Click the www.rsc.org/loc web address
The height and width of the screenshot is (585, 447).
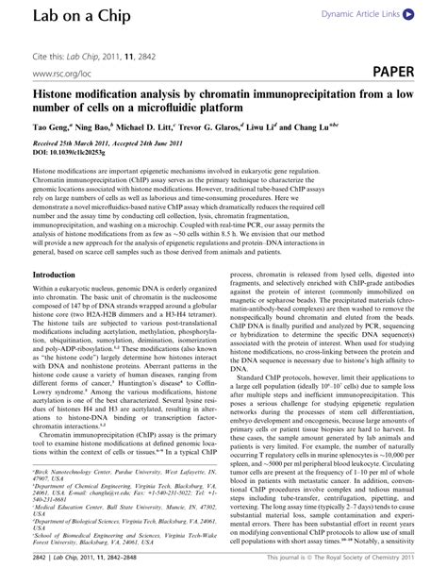point(60,72)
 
